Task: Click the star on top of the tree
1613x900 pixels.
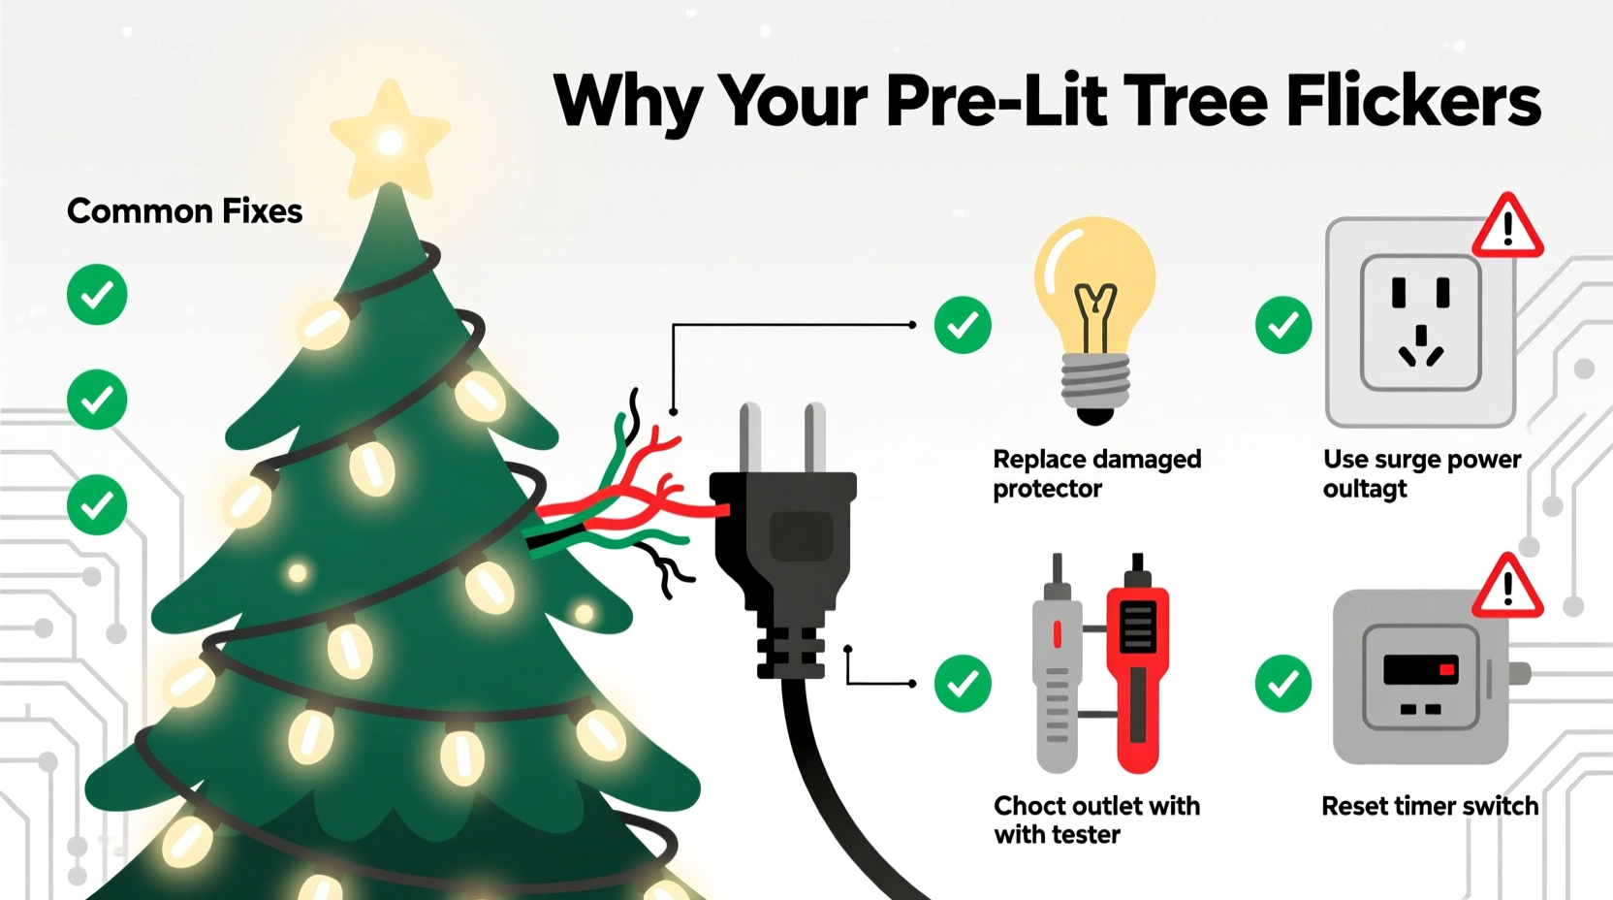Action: [390, 141]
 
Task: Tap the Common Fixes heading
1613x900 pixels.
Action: [184, 211]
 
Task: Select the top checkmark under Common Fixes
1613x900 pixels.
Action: [97, 294]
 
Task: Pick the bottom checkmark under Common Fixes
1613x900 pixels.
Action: [97, 504]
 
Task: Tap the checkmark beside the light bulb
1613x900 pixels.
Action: [963, 325]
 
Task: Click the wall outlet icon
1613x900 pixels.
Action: [1420, 322]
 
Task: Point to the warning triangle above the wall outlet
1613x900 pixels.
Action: [1507, 227]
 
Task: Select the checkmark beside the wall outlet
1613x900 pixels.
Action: [1283, 325]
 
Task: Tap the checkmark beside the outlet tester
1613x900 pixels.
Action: [963, 683]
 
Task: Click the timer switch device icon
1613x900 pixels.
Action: [1421, 677]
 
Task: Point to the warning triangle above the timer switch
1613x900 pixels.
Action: [1507, 588]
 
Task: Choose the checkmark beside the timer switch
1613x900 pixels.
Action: [1283, 683]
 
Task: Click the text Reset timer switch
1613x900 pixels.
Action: [1430, 806]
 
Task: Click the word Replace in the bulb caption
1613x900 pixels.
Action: [1038, 459]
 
